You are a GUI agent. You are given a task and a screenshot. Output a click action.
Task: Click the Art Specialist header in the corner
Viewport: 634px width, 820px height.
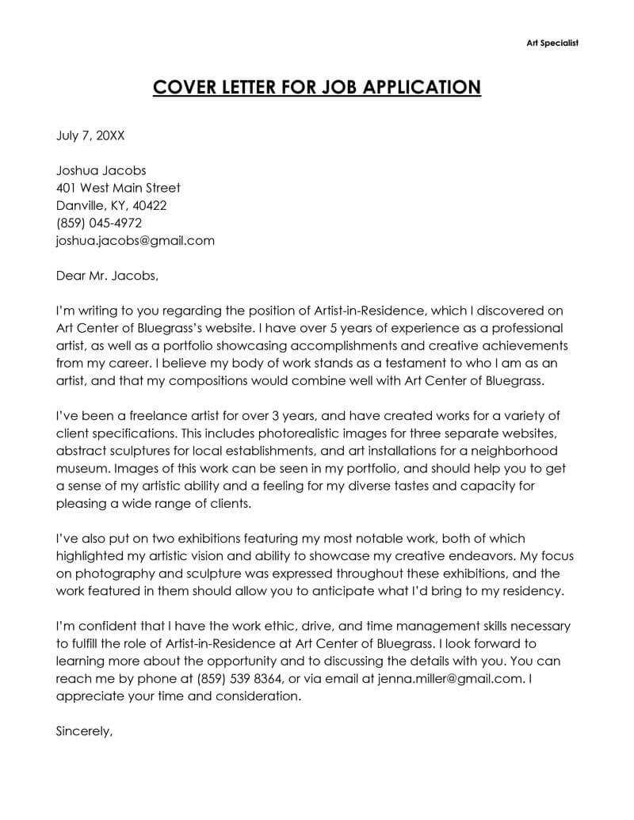[552, 43]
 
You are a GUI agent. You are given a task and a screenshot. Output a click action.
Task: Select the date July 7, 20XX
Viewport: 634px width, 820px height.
[90, 135]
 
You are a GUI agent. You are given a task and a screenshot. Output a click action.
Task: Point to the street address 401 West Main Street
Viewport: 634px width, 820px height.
[119, 188]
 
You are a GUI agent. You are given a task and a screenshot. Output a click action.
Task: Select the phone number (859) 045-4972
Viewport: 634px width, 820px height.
[99, 223]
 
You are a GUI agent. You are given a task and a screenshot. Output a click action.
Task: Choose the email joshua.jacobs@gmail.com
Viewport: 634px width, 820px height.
[136, 240]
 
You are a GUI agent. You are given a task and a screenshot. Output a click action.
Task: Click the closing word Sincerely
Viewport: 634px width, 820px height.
[85, 731]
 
